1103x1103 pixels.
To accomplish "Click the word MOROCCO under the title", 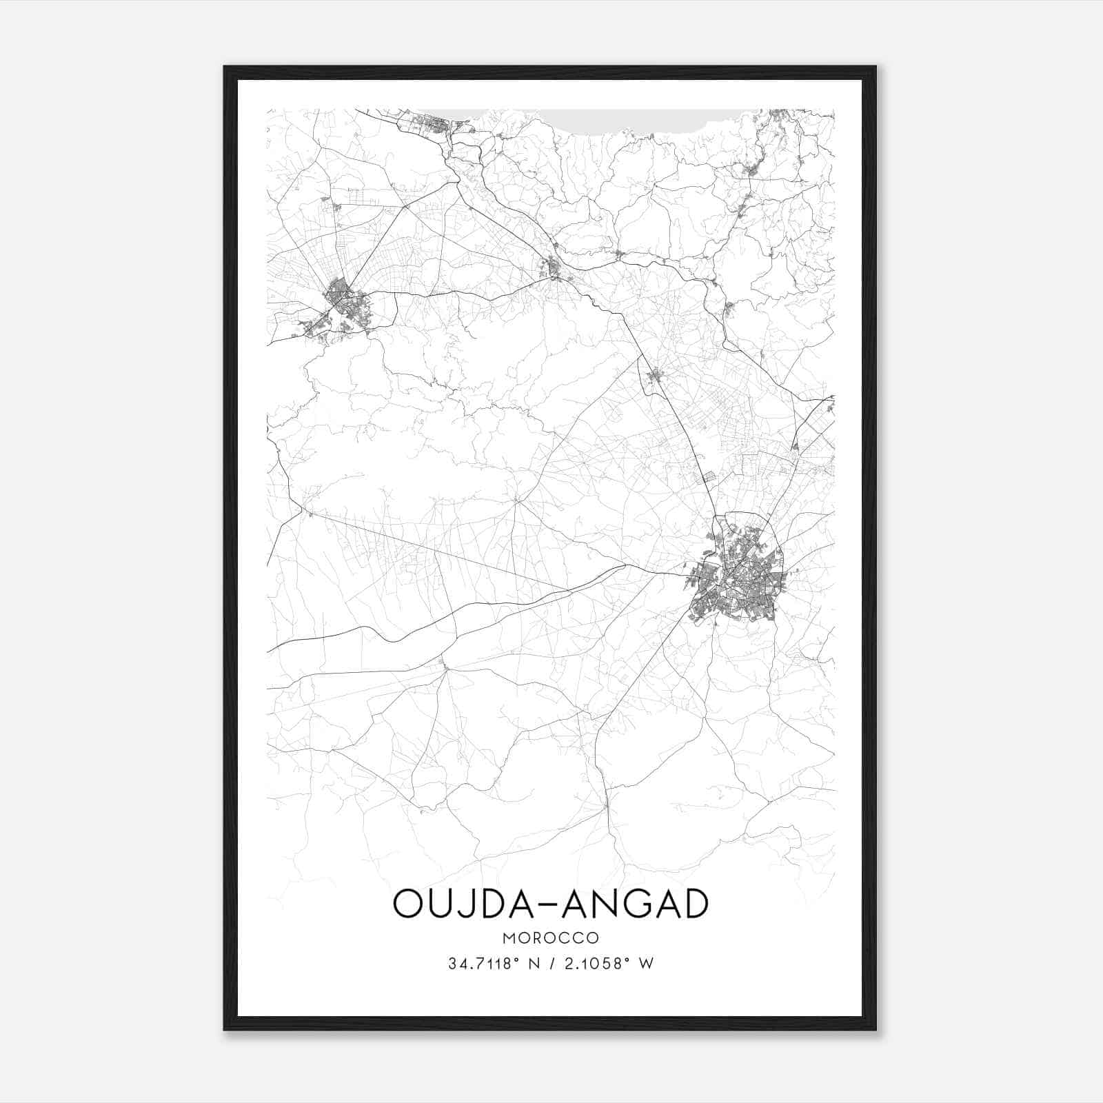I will [x=551, y=938].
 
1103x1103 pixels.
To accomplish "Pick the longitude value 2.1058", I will [x=594, y=964].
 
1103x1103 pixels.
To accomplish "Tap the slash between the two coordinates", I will [x=551, y=964].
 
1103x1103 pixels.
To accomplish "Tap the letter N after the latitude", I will [x=532, y=964].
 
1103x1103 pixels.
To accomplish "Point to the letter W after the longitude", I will [x=645, y=964].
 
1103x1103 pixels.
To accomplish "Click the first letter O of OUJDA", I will [x=408, y=904].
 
